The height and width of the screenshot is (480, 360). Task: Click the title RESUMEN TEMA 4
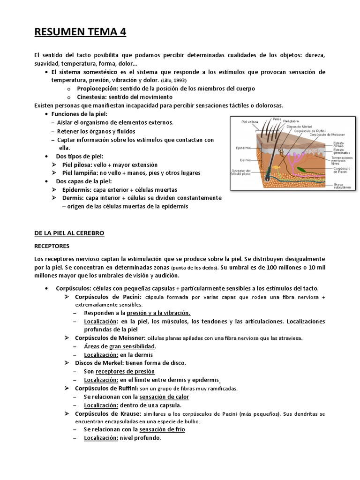[80, 32]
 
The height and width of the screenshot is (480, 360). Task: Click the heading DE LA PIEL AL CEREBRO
[69, 233]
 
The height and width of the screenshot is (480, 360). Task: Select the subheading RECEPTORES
[52, 245]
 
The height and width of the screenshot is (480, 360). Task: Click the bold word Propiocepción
[97, 88]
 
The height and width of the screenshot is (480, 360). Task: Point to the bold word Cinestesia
[93, 97]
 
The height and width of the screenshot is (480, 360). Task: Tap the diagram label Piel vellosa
[250, 122]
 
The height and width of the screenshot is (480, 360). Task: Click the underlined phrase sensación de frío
[162, 429]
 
